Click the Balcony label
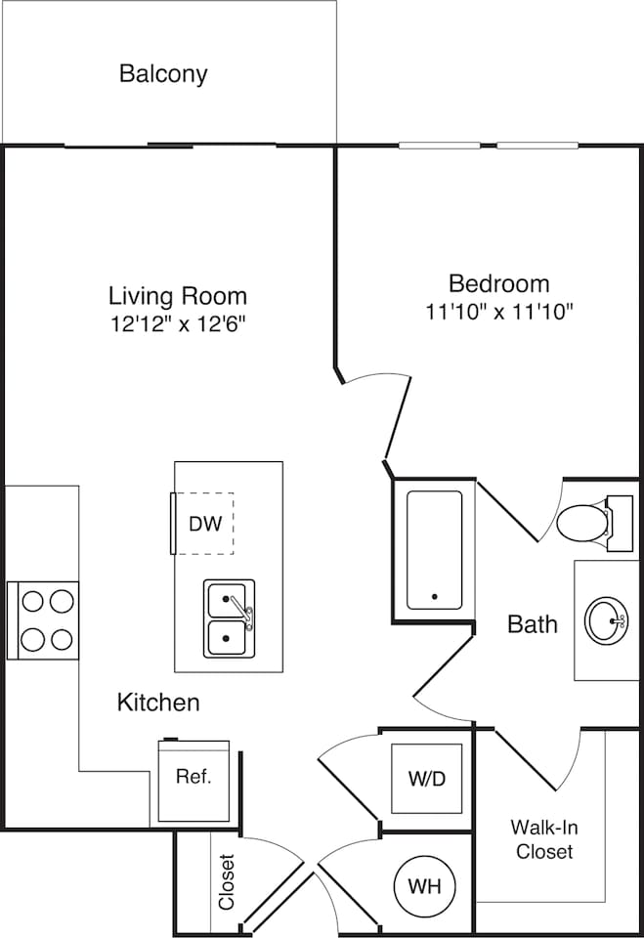pos(163,73)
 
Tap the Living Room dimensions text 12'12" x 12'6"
pos(177,322)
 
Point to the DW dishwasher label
pos(205,524)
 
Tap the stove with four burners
pos(43,619)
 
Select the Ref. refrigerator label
pos(193,778)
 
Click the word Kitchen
pos(158,702)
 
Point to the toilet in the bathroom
pos(584,523)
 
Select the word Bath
pos(533,623)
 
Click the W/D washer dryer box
pos(426,779)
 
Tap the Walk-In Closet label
pos(544,839)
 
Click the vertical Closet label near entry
pos(227,882)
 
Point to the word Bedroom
pos(498,283)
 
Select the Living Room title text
pos(177,295)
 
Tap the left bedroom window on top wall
pos(439,147)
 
